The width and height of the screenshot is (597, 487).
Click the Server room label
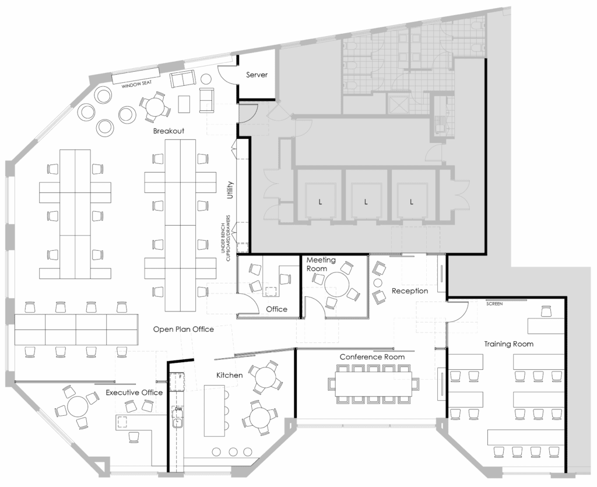[257, 75]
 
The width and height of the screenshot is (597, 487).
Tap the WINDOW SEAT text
[136, 84]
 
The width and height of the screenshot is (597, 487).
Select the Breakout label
[168, 131]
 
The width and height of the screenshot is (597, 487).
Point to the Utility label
[230, 190]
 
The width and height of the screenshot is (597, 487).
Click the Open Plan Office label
[183, 329]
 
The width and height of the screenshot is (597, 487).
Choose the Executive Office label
[134, 392]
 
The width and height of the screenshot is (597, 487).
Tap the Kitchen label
[229, 375]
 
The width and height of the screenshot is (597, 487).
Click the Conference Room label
[372, 357]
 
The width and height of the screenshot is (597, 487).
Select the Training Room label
[508, 344]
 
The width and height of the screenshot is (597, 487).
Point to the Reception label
[410, 291]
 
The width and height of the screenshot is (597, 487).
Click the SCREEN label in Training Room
[494, 303]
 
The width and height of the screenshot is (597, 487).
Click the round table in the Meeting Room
[337, 284]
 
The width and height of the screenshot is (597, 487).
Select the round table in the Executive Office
[78, 407]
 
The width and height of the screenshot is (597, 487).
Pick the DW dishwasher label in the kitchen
[178, 409]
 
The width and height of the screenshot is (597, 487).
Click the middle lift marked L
[366, 201]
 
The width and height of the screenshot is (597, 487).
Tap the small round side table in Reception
[378, 283]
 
